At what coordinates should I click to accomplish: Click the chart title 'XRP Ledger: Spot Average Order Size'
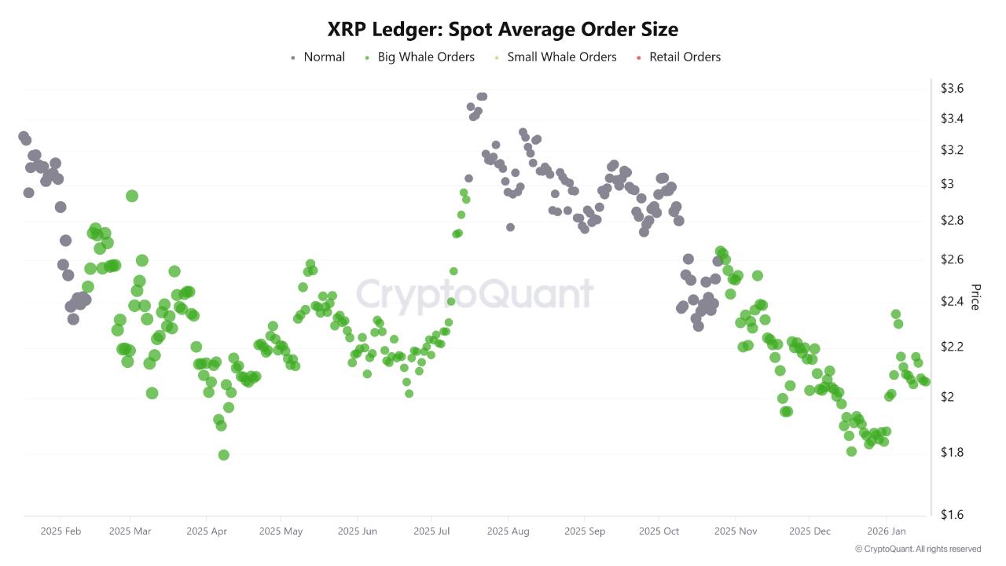503,29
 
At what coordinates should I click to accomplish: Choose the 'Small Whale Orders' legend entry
561,57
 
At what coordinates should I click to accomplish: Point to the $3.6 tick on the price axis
952,88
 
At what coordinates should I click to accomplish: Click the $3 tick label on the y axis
947,184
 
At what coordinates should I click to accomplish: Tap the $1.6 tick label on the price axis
952,515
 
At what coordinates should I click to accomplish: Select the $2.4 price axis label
952,302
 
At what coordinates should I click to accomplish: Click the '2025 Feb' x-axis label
61,531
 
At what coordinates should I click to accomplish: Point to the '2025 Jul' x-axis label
432,531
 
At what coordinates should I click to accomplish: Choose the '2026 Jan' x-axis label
886,531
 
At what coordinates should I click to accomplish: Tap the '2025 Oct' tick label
659,531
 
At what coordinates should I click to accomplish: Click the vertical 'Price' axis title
975,297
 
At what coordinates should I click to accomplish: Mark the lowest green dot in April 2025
223,455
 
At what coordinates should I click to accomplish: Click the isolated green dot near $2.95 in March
132,196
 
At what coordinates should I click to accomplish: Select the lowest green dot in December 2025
851,451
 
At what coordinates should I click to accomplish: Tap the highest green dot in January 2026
895,314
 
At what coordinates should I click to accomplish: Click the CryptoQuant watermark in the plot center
475,294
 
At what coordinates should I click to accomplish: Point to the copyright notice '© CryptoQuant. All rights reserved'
918,549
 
